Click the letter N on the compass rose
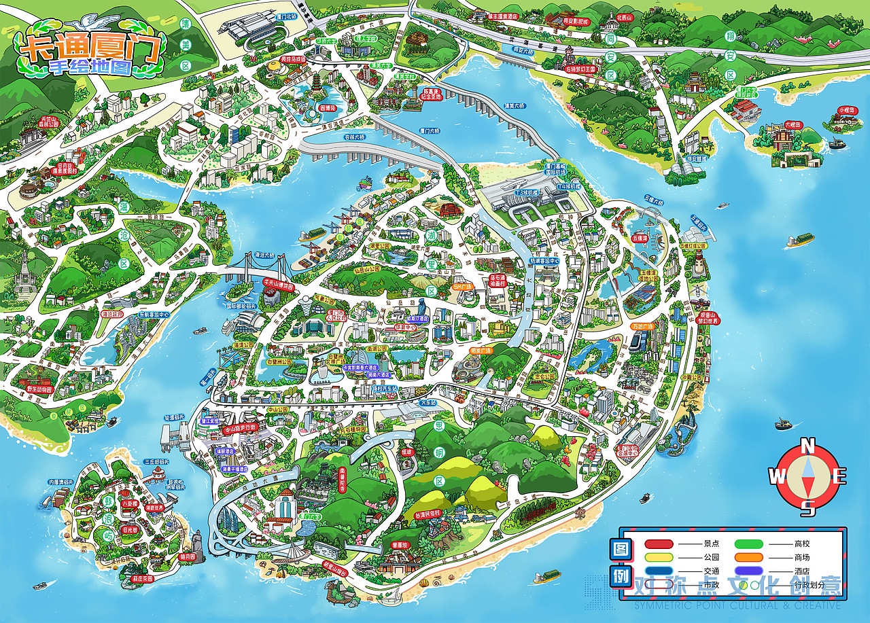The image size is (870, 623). click(x=808, y=447)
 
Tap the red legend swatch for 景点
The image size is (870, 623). click(x=659, y=544)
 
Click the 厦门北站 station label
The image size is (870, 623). click(x=288, y=14)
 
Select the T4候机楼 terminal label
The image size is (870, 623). click(x=568, y=185)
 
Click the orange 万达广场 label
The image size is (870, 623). click(x=642, y=326)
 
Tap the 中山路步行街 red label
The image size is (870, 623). click(x=241, y=428)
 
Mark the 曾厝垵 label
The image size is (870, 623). click(x=399, y=545)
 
